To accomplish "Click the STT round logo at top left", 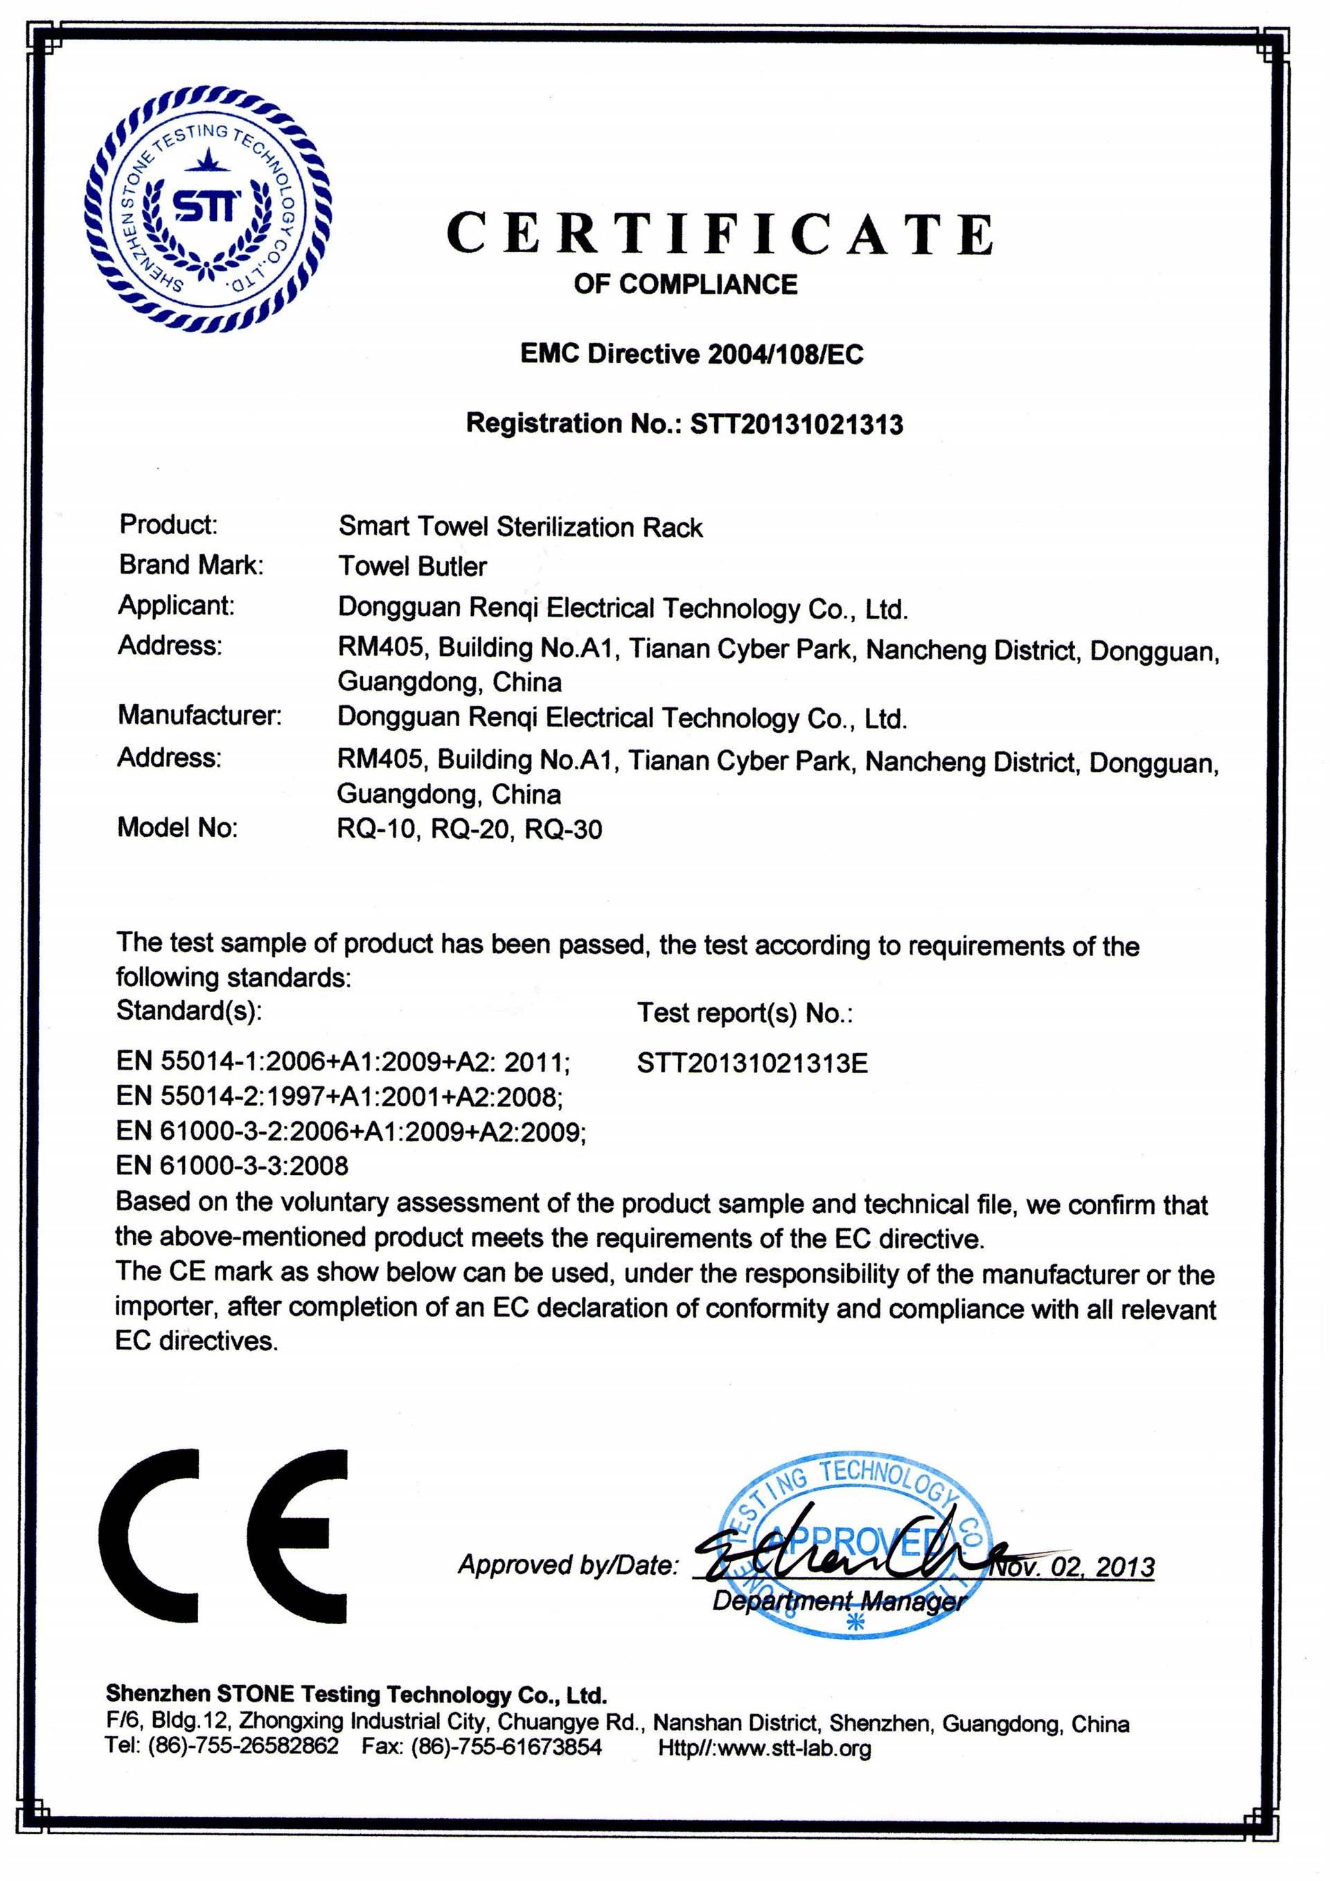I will [208, 210].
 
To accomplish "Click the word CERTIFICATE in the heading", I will [720, 233].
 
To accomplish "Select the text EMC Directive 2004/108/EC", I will [691, 354].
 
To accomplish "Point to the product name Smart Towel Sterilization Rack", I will [520, 527].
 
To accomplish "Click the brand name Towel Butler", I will [413, 566].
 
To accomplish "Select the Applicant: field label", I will [176, 606].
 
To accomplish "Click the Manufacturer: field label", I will [199, 715].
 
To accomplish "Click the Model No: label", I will [177, 827].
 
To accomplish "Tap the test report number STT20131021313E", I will [752, 1063].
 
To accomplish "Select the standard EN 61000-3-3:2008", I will [232, 1165].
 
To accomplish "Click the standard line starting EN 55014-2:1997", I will [339, 1096].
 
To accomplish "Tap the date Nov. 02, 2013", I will [1073, 1567].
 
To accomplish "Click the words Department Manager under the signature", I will [839, 1601].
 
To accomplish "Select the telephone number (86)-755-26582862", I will [242, 1747].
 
